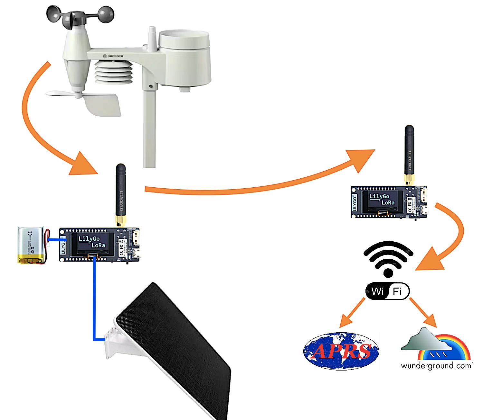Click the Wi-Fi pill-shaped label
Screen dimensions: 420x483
tap(387, 291)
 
